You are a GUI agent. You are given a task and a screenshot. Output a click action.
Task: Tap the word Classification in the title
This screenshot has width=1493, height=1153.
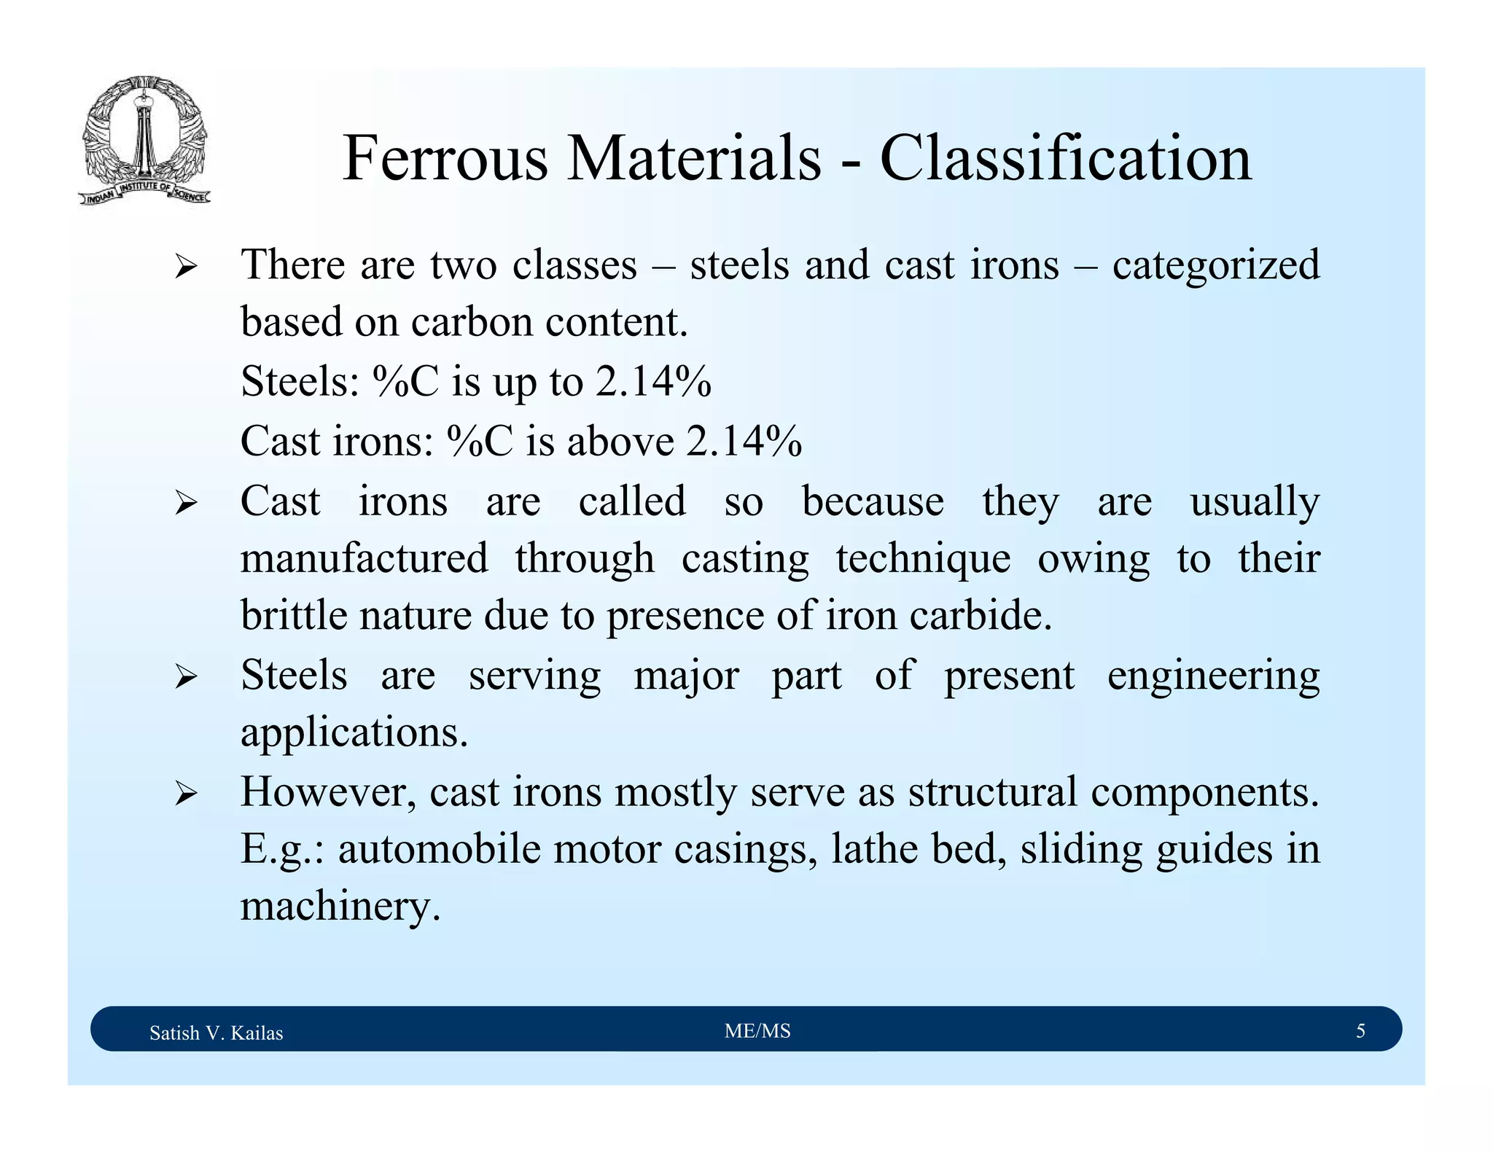coord(1066,158)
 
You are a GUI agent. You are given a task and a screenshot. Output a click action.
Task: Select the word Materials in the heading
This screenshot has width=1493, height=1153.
coord(694,158)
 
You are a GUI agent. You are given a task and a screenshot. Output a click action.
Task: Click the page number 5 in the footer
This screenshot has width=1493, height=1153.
coord(1360,1031)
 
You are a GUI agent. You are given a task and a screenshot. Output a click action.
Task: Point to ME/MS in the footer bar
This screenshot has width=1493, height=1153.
coord(757,1031)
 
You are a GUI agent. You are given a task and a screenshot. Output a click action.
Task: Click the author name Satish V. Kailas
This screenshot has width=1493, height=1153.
coord(216,1033)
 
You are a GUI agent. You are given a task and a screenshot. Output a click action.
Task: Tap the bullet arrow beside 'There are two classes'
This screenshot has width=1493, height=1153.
coord(186,268)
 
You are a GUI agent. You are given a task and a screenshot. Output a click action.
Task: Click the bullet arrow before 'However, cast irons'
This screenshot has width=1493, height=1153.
coord(186,795)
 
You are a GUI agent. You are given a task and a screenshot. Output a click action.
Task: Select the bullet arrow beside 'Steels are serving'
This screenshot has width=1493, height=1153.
coord(186,679)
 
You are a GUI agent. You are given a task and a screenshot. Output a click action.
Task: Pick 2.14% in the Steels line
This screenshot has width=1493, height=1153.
coord(653,381)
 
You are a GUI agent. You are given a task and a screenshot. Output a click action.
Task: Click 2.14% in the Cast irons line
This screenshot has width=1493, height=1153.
coord(744,441)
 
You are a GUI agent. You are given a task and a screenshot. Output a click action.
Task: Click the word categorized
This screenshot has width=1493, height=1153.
coord(1216,266)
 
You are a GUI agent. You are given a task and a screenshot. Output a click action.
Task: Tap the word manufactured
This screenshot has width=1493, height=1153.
coord(365,559)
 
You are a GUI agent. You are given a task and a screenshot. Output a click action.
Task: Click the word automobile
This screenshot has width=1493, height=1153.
coord(440,849)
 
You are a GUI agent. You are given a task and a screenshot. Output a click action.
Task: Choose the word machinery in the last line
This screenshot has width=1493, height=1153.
coord(340,907)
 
